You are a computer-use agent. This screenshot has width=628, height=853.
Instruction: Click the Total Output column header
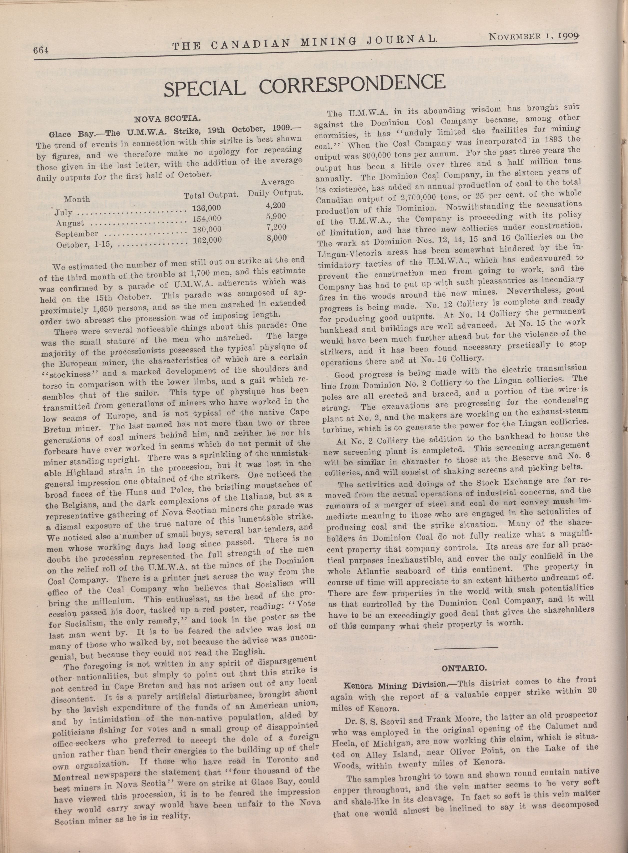tap(211, 195)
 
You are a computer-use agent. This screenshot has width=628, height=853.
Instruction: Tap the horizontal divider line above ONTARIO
tap(466, 647)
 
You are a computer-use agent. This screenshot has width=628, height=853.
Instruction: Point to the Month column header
tap(77, 199)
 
